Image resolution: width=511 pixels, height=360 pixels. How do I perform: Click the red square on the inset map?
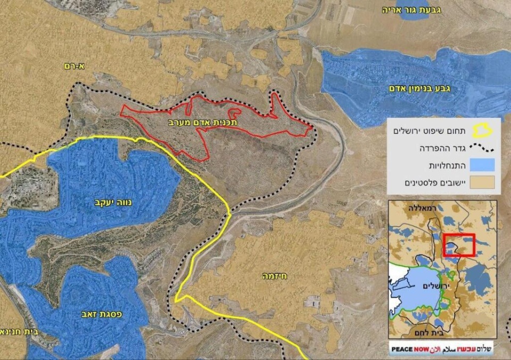[x=458, y=245]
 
